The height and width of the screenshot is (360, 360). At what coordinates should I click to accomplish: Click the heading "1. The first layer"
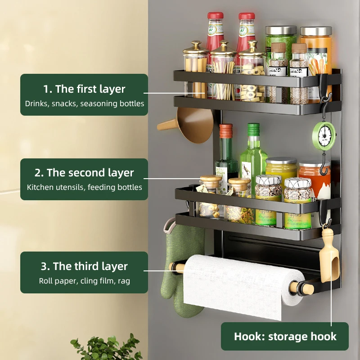tap(84, 89)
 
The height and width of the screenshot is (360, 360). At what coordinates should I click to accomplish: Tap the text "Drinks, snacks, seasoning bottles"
tap(84, 103)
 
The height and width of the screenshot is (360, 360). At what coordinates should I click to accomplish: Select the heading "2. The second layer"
tap(84, 173)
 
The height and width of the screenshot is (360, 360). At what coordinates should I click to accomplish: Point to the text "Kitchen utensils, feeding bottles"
tap(84, 187)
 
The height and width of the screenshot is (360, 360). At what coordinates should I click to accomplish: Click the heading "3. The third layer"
tap(84, 266)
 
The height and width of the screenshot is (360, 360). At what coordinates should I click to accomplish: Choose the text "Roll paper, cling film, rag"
tap(84, 281)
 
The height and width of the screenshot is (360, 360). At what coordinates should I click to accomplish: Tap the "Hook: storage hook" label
tap(285, 337)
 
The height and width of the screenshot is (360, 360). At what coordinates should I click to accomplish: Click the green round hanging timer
tap(324, 135)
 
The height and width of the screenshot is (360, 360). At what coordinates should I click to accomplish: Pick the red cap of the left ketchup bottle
tap(216, 16)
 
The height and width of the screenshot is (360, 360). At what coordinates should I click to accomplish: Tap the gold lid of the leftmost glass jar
tap(196, 47)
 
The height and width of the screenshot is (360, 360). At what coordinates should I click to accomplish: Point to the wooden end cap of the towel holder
tap(177, 267)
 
